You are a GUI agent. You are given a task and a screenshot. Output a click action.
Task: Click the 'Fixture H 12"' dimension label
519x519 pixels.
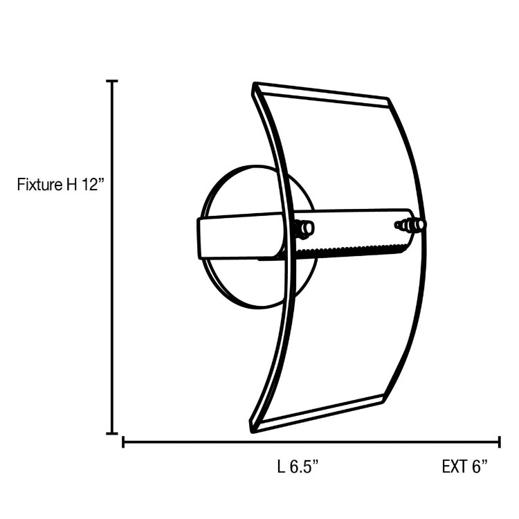60,185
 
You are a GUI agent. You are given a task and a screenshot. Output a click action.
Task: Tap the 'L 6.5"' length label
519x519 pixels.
298,466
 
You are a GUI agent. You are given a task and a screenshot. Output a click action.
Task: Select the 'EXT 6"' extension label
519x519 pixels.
465,466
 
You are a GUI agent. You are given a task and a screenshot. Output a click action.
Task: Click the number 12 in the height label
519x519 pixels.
92,185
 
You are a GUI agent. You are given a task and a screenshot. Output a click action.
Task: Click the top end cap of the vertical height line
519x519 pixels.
111,81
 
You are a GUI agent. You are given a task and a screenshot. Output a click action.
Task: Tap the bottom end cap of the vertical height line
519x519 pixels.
111,433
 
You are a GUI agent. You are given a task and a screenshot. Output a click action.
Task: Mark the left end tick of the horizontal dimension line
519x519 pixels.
123,441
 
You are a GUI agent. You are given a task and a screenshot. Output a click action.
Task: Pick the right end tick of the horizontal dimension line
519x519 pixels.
499,441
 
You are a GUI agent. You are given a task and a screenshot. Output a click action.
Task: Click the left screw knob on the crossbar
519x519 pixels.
304,228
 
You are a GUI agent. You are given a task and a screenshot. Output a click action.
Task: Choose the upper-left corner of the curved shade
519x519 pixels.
255,86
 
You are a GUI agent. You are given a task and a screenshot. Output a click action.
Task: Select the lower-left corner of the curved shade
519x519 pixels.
253,426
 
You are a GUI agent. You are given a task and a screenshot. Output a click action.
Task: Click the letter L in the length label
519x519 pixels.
280,466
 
